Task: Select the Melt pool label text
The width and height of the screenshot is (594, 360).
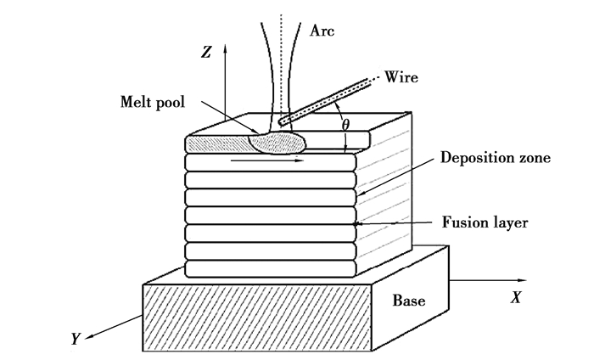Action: pos(150,102)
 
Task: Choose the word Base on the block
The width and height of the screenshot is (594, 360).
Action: pos(409,301)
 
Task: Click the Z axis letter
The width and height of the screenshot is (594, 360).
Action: pos(207,53)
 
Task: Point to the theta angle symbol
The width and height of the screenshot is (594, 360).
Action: pos(345,125)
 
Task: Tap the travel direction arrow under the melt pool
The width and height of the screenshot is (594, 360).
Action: pos(272,158)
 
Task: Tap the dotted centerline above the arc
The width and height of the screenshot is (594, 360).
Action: pos(282,17)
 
